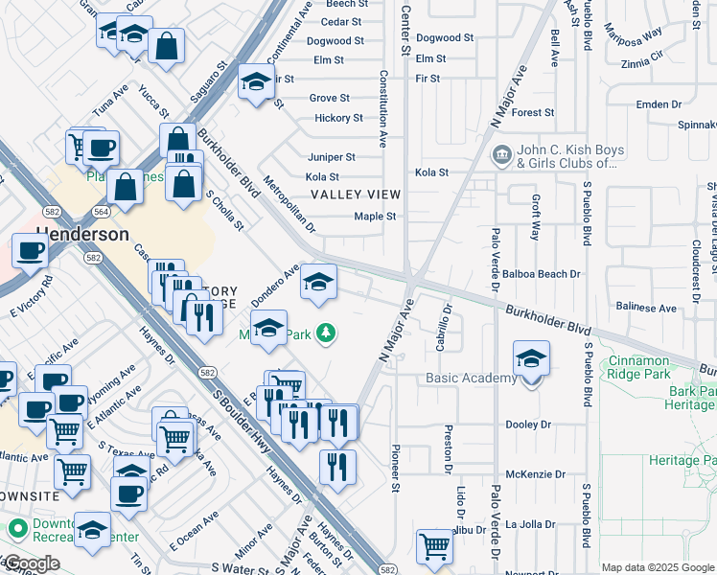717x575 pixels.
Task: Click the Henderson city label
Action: click(82, 234)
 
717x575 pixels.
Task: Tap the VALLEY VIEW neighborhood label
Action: click(355, 195)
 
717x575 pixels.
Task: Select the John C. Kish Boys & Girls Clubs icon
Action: click(500, 155)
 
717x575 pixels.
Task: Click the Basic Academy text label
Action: click(471, 379)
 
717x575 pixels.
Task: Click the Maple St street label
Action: click(375, 217)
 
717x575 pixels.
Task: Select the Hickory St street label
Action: click(338, 119)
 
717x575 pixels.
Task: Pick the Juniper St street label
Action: click(331, 157)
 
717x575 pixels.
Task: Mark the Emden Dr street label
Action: click(659, 103)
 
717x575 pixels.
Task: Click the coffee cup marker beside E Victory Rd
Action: click(30, 251)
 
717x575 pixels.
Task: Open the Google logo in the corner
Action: click(32, 563)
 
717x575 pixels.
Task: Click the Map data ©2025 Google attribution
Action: click(658, 567)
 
